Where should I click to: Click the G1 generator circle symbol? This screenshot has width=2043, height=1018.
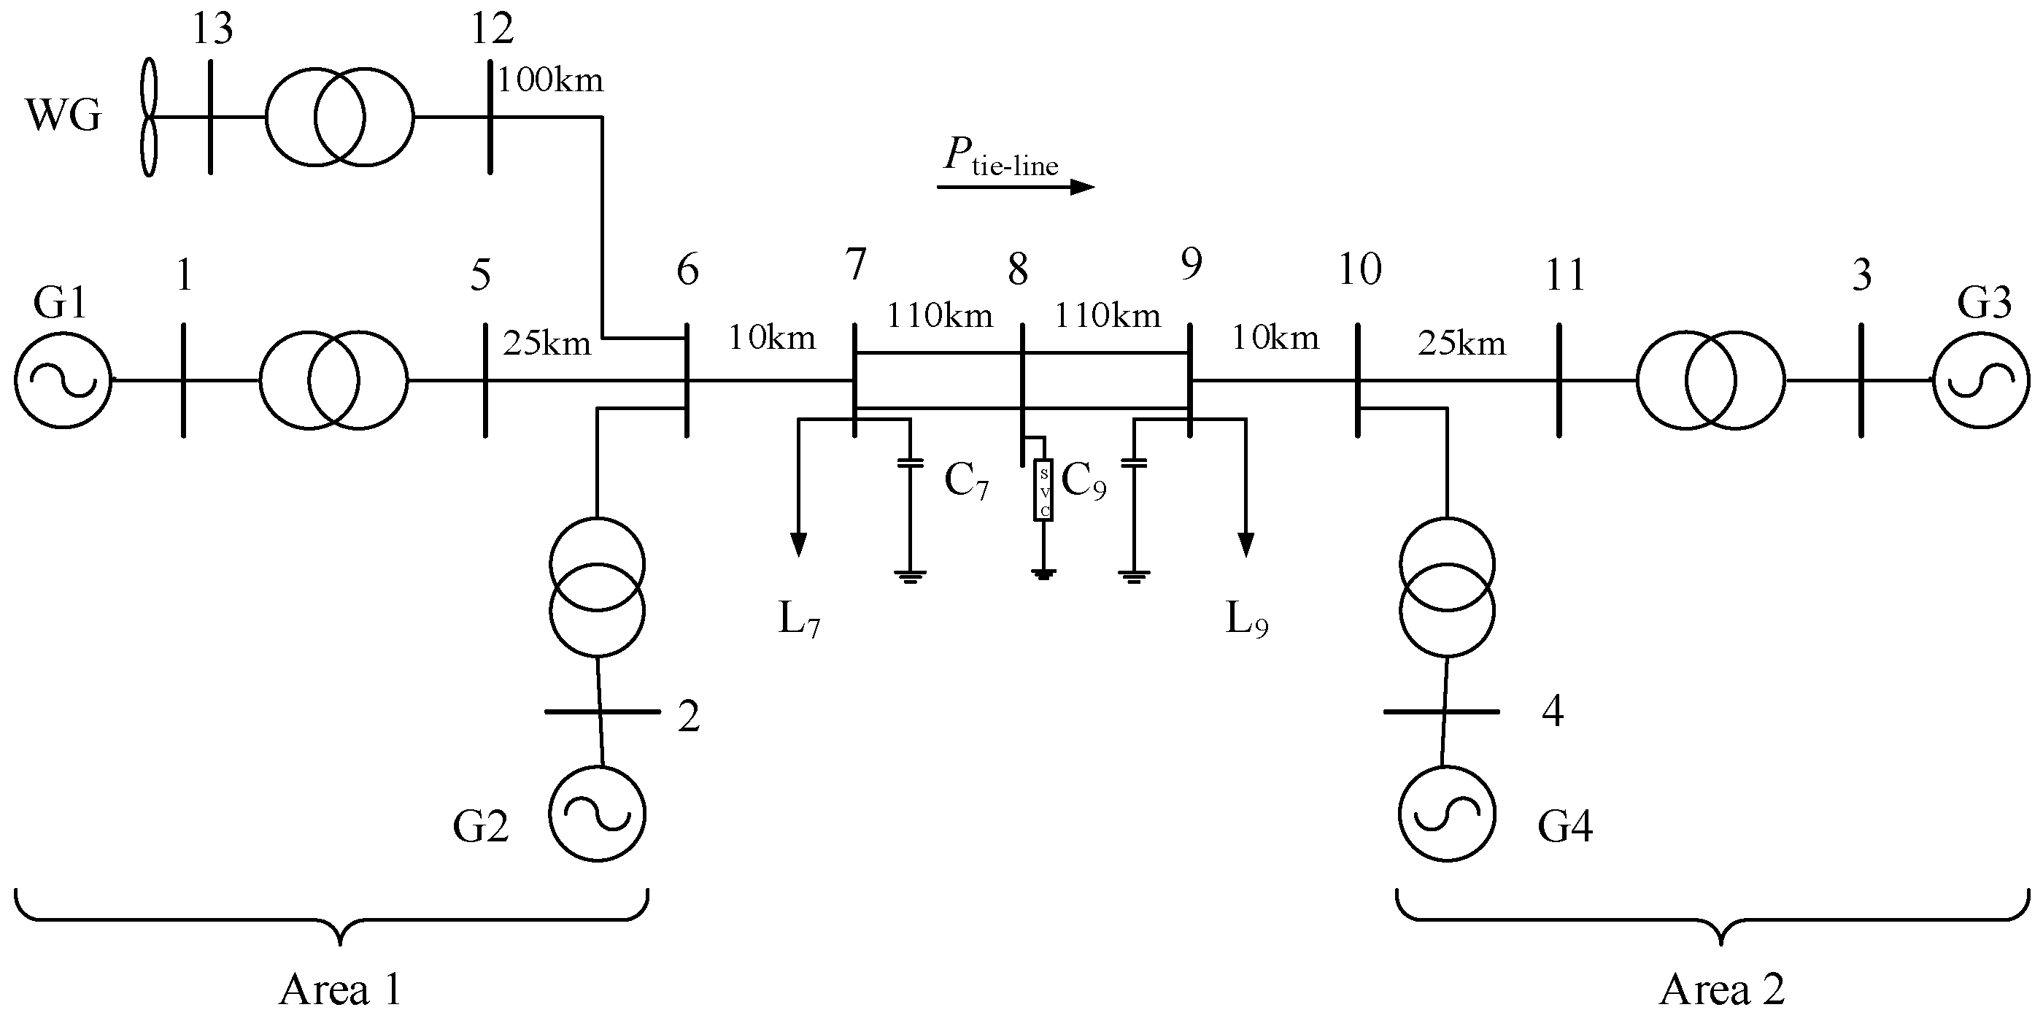click(x=63, y=380)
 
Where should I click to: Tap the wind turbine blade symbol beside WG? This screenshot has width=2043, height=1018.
click(x=148, y=117)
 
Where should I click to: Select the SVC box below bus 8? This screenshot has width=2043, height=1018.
click(x=1043, y=490)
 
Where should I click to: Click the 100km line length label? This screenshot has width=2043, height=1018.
click(x=550, y=81)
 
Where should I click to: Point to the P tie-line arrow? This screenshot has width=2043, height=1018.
click(x=1015, y=187)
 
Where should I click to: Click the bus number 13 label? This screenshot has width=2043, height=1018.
click(x=212, y=29)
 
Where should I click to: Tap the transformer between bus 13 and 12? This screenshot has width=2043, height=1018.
click(x=339, y=117)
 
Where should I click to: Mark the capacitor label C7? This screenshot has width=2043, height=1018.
click(x=966, y=481)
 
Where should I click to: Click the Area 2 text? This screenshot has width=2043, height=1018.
click(x=1722, y=990)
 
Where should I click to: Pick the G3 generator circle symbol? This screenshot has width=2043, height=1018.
click(x=1981, y=380)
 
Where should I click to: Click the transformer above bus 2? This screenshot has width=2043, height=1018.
click(x=597, y=587)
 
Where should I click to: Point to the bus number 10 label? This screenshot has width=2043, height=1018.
click(x=1359, y=270)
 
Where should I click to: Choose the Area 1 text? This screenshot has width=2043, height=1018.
click(x=340, y=990)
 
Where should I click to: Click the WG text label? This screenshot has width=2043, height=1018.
click(x=64, y=117)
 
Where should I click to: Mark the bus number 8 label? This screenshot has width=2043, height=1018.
click(x=1018, y=270)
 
